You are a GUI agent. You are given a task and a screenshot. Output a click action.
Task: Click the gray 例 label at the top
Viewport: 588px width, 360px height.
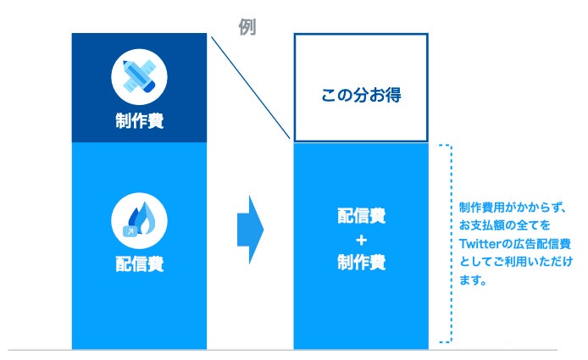(247, 27)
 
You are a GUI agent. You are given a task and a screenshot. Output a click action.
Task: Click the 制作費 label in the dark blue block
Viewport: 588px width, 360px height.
(139, 121)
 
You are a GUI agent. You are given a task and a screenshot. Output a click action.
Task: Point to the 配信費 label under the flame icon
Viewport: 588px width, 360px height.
(139, 263)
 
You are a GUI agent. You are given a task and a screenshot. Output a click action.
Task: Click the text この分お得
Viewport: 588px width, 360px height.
(360, 95)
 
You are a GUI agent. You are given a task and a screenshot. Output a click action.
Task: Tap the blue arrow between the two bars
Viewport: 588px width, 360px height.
(250, 228)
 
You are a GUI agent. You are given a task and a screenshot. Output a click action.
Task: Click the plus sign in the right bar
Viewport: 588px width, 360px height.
(360, 239)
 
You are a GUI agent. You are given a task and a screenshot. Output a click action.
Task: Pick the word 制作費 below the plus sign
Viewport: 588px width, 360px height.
(360, 263)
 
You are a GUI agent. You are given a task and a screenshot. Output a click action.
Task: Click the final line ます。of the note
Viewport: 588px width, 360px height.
(472, 281)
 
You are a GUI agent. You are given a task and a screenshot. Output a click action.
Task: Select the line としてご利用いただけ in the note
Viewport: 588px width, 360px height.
(513, 263)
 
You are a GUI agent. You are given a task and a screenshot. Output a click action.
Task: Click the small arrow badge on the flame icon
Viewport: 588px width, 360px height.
(130, 229)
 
